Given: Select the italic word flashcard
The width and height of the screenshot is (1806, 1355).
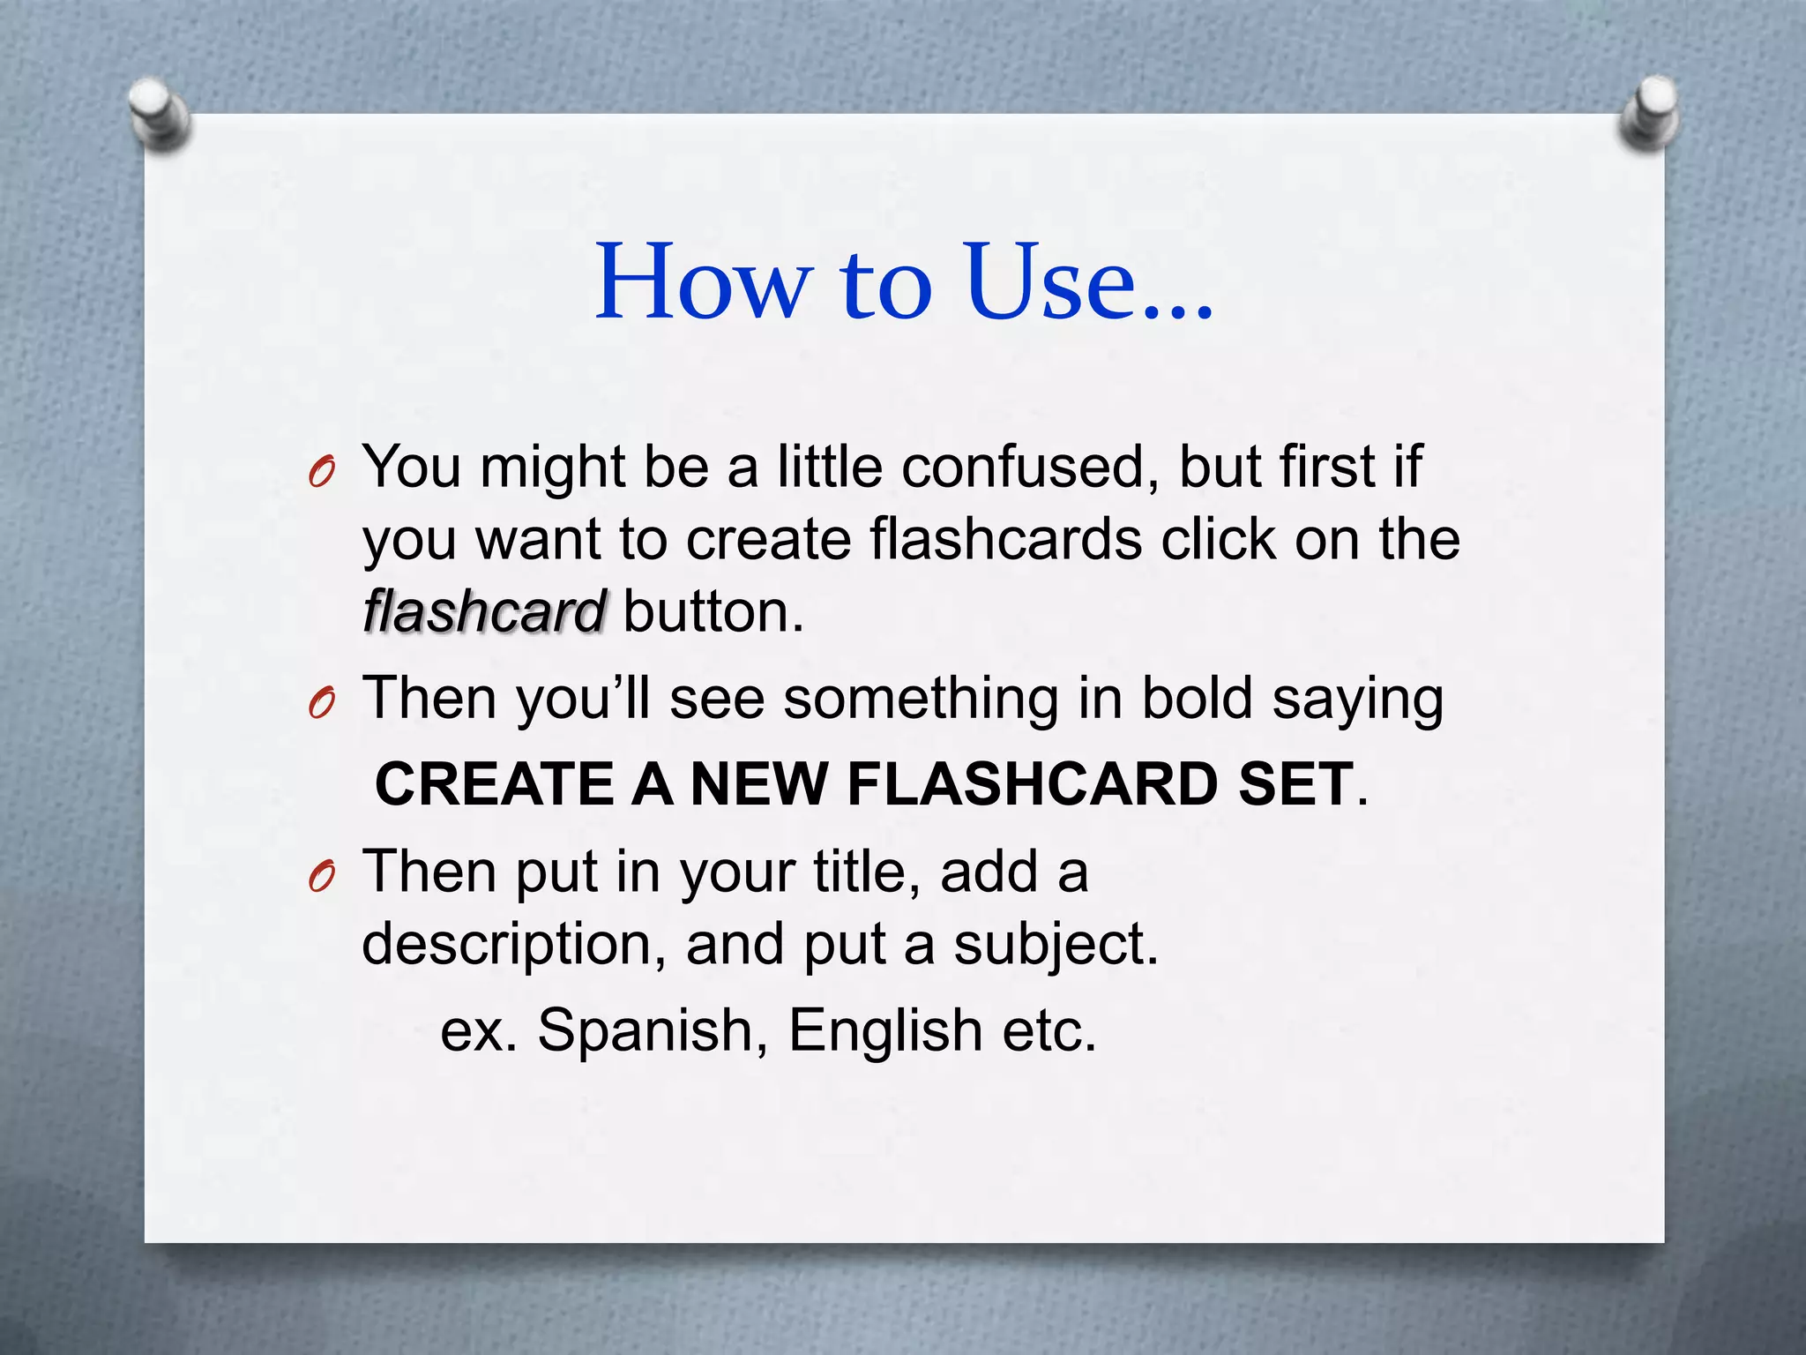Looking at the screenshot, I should point(483,612).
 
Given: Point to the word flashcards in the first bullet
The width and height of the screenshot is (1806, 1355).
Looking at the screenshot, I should point(1005,539).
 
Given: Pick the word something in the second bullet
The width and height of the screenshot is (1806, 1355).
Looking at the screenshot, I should point(921,699).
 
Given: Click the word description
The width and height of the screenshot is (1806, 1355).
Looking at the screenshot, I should point(513,944).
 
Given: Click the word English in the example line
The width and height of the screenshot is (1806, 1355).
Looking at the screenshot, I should point(884,1029).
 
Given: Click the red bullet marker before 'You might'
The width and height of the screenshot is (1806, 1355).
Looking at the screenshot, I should point(322,474).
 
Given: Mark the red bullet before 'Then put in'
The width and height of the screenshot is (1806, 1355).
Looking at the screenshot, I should point(322,878).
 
